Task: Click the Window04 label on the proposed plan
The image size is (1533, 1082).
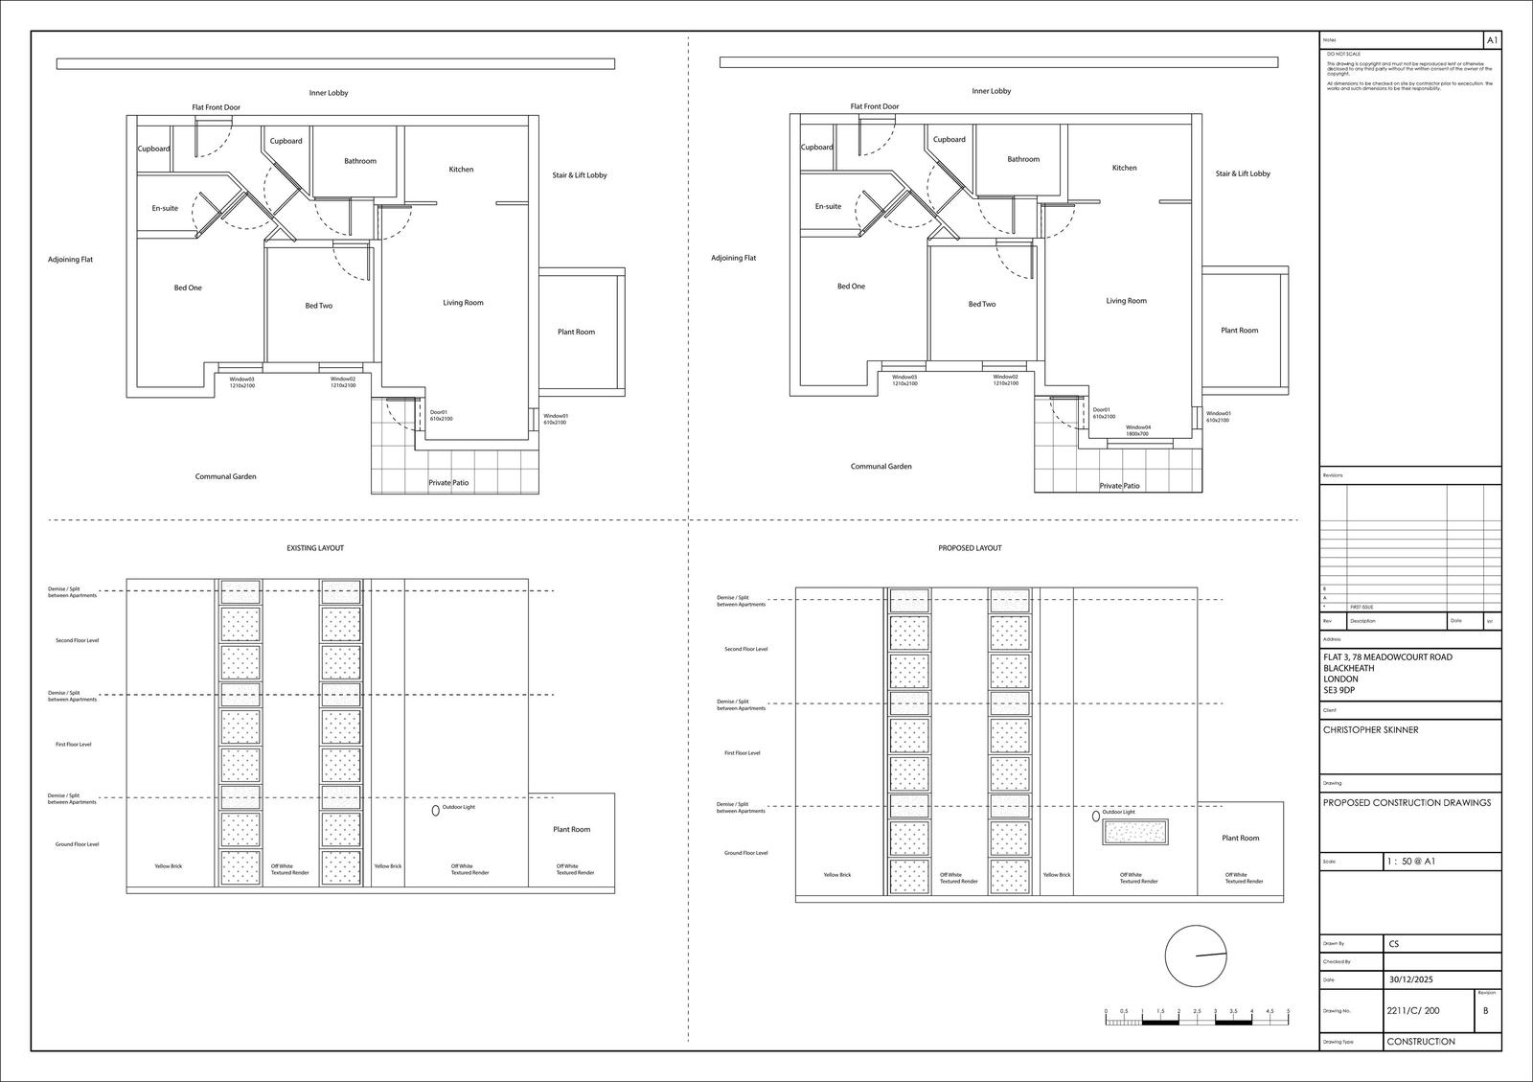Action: pyautogui.click(x=1137, y=430)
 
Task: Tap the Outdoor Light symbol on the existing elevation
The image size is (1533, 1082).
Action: pyautogui.click(x=436, y=810)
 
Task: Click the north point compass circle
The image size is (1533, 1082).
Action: pyautogui.click(x=1196, y=955)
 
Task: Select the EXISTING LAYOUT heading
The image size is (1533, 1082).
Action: pyautogui.click(x=315, y=548)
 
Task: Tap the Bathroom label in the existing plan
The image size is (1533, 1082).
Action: pyautogui.click(x=360, y=161)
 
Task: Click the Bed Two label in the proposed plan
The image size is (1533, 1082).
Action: pyautogui.click(x=981, y=304)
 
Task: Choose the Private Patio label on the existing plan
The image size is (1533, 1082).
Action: pyautogui.click(x=448, y=483)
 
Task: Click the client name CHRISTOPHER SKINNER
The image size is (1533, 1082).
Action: pyautogui.click(x=1370, y=730)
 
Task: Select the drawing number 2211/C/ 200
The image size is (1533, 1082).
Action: pyautogui.click(x=1412, y=1011)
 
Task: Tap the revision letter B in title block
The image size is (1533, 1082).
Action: pyautogui.click(x=1486, y=1011)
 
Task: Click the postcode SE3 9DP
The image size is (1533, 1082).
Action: pyautogui.click(x=1339, y=690)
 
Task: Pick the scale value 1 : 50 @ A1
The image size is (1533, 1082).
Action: pyautogui.click(x=1410, y=862)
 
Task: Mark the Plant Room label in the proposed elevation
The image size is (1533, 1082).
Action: pyautogui.click(x=1240, y=838)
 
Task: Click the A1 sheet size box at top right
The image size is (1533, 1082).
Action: pyautogui.click(x=1492, y=40)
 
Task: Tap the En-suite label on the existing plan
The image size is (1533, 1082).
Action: pyautogui.click(x=165, y=208)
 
